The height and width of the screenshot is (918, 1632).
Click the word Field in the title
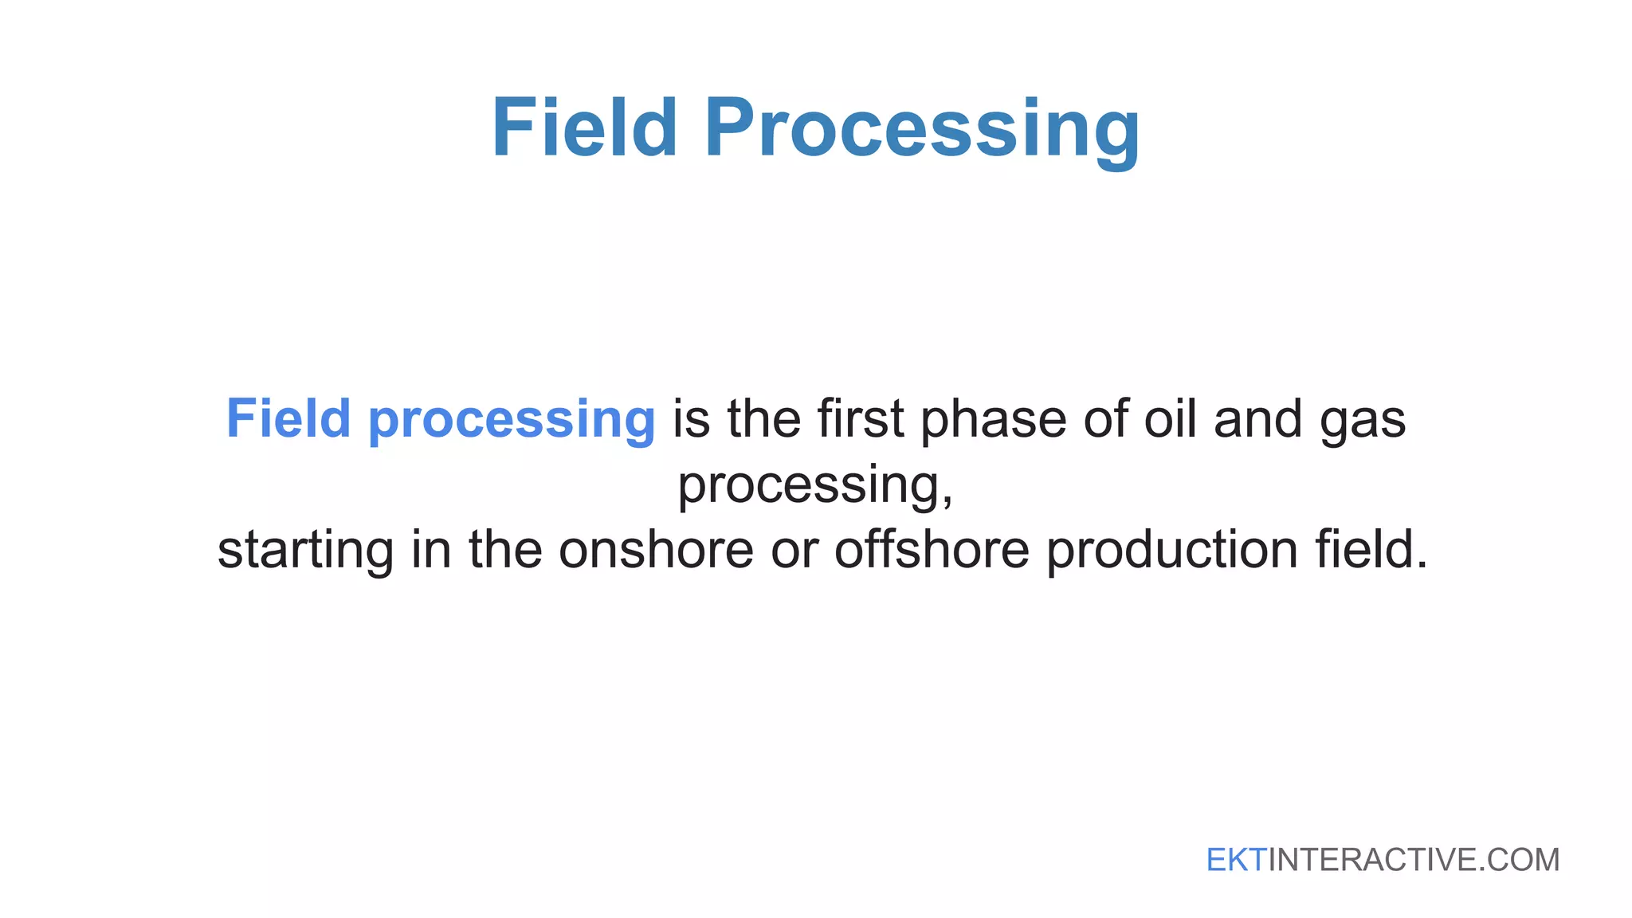(584, 127)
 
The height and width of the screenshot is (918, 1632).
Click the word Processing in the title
(923, 129)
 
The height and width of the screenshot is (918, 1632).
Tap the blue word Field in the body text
(288, 418)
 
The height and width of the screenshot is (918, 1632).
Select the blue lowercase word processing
(512, 421)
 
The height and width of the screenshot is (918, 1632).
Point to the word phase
(993, 421)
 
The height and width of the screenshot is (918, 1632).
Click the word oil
(1170, 418)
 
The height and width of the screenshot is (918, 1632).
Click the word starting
(305, 551)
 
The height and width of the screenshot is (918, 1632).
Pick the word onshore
(656, 550)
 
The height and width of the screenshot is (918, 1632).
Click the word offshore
(932, 550)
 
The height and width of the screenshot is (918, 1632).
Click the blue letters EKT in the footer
(1236, 860)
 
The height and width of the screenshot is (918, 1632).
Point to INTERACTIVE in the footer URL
(1371, 860)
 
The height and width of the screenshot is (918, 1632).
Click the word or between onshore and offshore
(794, 550)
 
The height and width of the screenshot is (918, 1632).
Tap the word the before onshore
(505, 550)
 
